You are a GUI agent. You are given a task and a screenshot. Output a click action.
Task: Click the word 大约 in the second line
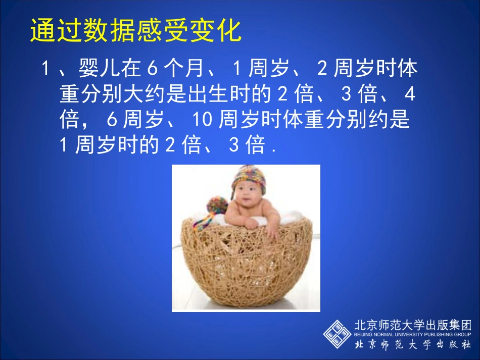pos(143,94)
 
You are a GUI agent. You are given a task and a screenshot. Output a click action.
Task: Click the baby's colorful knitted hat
pos(249,179)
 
